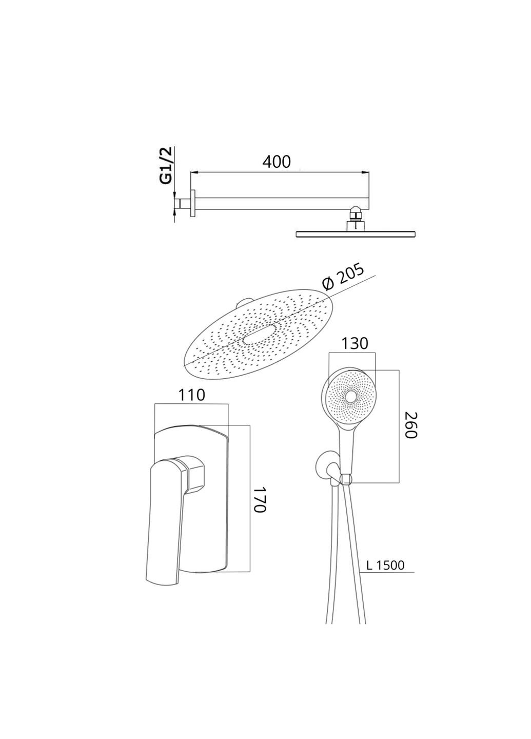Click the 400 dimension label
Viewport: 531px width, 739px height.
point(277,162)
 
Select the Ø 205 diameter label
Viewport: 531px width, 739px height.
point(343,278)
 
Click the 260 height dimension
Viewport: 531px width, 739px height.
point(410,425)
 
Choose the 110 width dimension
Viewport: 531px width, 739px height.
point(191,395)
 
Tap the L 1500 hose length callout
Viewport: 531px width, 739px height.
point(385,566)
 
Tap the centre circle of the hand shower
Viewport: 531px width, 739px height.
point(351,397)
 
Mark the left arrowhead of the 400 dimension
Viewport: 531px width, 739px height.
point(194,172)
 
